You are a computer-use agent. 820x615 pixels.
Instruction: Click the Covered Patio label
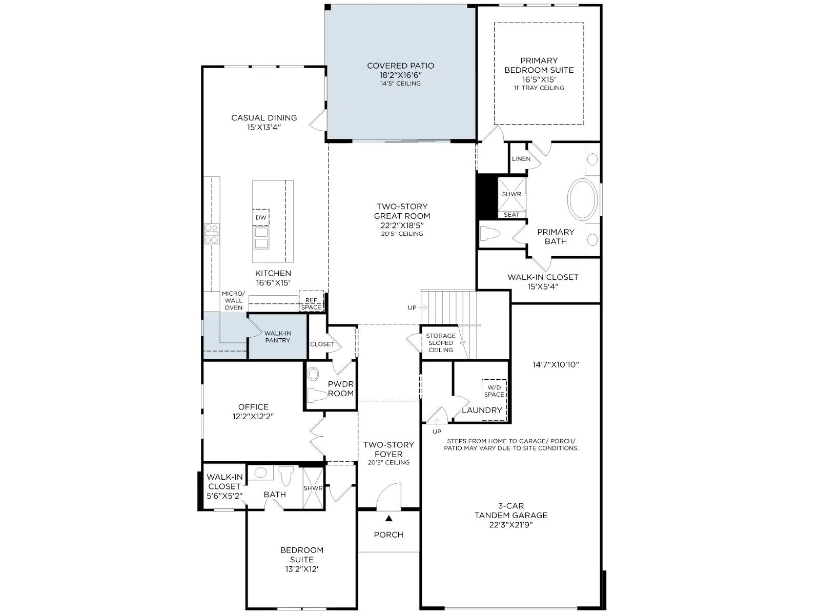coord(400,66)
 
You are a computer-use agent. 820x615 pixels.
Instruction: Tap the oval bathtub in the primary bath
coord(582,199)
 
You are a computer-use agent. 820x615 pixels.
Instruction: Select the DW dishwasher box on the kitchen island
coord(261,217)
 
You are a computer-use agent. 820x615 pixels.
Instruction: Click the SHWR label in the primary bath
coord(511,194)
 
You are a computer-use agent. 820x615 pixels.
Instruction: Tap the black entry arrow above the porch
coord(389,518)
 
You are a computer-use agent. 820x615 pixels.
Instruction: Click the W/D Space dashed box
coord(494,400)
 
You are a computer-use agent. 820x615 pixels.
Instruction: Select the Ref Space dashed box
coord(311,301)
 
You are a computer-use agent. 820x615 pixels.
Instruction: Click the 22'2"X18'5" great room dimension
coord(402,225)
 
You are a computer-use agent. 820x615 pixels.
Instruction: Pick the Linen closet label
coord(521,159)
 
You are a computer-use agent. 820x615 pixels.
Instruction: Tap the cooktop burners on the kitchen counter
coord(212,234)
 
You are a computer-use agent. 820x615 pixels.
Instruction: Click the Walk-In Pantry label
coord(278,337)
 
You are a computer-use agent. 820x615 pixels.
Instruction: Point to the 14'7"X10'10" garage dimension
coord(556,364)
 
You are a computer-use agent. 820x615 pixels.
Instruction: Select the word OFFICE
coord(253,406)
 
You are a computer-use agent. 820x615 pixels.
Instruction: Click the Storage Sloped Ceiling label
coord(441,343)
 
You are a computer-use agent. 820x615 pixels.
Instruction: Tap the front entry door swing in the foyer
coord(388,497)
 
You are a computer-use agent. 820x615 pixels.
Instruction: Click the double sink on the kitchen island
coord(261,238)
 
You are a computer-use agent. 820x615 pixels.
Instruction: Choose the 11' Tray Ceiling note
coord(539,88)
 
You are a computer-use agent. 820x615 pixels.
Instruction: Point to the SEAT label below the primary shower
coord(511,215)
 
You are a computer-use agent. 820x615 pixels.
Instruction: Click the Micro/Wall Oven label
coord(234,301)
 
